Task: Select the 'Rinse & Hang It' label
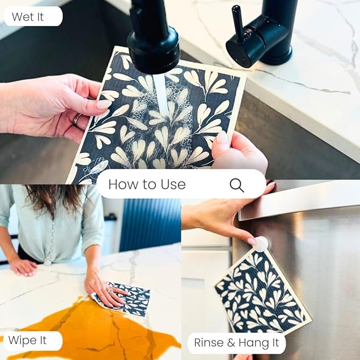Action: click(236, 343)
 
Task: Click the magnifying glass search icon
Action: click(236, 185)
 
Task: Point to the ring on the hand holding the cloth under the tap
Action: click(76, 120)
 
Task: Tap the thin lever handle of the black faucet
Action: click(238, 23)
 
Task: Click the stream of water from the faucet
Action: click(161, 94)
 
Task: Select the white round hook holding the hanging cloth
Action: click(260, 244)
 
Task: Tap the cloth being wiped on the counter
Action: click(128, 298)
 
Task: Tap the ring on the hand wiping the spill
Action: click(110, 291)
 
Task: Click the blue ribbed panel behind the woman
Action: click(150, 225)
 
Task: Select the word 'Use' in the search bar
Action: click(173, 185)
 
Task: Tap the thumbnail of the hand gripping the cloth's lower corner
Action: click(222, 137)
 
